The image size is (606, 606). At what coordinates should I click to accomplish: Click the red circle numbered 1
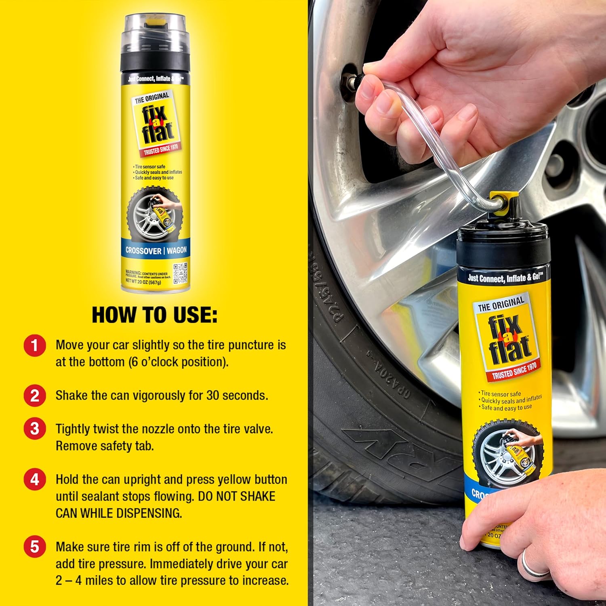click(x=34, y=346)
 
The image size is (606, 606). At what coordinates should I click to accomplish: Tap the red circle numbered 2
click(x=34, y=396)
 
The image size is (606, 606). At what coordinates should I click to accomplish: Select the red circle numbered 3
click(x=34, y=429)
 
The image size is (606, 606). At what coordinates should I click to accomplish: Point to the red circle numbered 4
click(x=34, y=480)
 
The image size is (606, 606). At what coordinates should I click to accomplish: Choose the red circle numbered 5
click(x=34, y=547)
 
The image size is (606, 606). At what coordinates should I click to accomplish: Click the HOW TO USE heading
click(x=154, y=315)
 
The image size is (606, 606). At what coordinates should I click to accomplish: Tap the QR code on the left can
click(x=180, y=273)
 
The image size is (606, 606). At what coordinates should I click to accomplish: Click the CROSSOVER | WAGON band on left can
click(x=156, y=250)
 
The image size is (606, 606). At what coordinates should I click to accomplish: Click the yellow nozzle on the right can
click(x=508, y=200)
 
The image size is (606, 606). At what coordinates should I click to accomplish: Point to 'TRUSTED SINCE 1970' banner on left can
click(x=161, y=149)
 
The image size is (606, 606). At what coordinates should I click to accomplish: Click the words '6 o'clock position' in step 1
click(x=179, y=362)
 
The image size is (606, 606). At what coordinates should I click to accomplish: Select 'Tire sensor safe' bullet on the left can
click(x=149, y=166)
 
